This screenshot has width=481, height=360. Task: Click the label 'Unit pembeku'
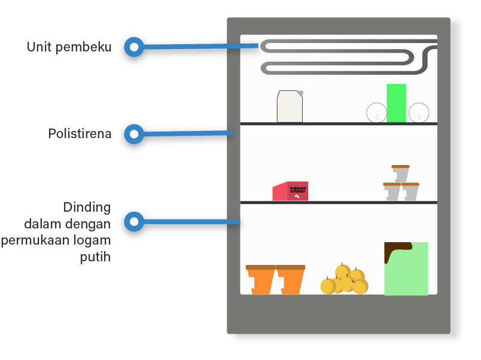tap(69, 47)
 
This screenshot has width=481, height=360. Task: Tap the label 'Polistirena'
tap(80, 134)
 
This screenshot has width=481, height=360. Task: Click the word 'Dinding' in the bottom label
tap(87, 208)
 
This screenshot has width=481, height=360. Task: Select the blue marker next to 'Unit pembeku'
tap(134, 47)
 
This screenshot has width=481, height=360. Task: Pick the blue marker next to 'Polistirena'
tap(134, 135)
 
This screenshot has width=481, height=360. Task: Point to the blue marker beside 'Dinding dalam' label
tap(134, 222)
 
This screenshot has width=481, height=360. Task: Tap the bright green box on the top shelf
tap(396, 103)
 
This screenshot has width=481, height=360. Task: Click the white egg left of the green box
tap(376, 112)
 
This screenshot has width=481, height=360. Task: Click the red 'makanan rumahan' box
tap(291, 191)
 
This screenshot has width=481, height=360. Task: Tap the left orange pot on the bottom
tap(260, 279)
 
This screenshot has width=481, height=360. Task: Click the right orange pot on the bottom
tap(290, 279)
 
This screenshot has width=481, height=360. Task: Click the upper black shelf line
tap(339, 124)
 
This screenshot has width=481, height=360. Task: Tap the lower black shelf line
tap(339, 203)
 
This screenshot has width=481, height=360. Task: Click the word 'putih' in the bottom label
tap(96, 258)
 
